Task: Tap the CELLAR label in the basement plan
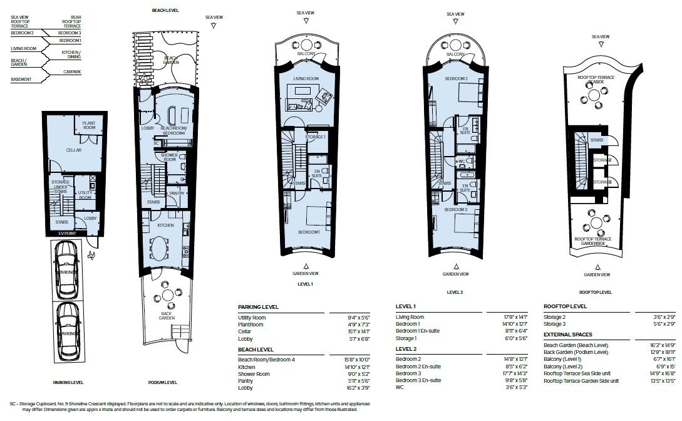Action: (x=75, y=150)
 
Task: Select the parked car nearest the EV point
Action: (x=66, y=262)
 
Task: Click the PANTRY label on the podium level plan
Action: (x=177, y=194)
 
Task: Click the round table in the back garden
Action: (x=167, y=294)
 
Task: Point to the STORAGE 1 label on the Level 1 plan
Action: (x=315, y=137)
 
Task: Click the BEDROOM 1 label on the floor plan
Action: (x=309, y=232)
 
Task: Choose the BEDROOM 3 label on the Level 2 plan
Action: (x=455, y=210)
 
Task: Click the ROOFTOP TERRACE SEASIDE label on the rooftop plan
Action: (x=596, y=80)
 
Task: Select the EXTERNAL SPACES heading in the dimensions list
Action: (x=568, y=335)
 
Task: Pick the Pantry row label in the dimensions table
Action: (x=246, y=381)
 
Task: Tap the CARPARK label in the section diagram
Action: (x=72, y=72)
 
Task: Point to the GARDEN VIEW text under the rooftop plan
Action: (x=597, y=274)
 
